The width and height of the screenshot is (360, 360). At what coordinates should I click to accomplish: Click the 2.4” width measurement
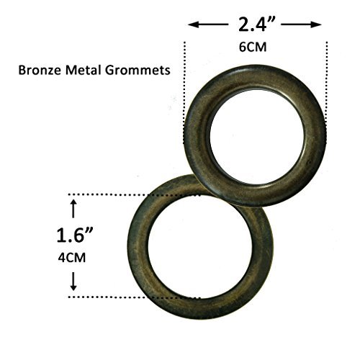click(x=256, y=24)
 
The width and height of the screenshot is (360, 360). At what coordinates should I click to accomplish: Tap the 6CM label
click(x=253, y=47)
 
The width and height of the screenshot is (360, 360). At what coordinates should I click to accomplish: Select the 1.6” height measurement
click(x=74, y=235)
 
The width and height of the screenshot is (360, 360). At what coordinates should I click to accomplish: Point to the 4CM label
click(x=72, y=258)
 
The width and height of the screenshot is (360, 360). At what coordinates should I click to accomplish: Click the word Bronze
click(x=40, y=71)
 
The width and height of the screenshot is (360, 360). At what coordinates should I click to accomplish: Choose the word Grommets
click(x=138, y=71)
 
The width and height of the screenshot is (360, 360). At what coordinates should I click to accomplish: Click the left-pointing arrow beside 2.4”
click(x=208, y=24)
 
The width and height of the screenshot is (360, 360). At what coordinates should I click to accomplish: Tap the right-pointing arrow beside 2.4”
click(x=301, y=24)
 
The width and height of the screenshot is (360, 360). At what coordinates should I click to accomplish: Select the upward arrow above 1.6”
click(x=73, y=209)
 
